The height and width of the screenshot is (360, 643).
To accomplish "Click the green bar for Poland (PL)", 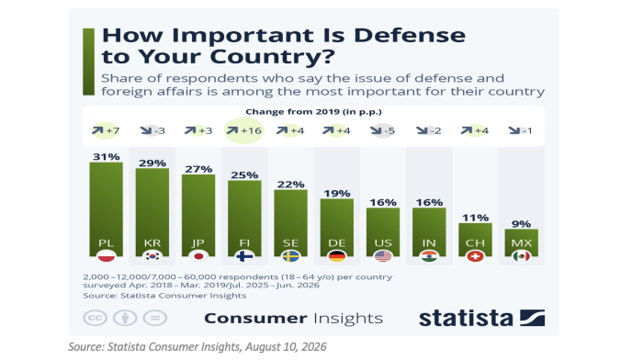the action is tap(107, 209).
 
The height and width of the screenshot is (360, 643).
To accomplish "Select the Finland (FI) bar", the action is tap(244, 219).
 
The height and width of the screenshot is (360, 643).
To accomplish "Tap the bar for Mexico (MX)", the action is tap(521, 242).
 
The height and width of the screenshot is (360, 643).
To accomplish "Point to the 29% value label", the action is tap(152, 163).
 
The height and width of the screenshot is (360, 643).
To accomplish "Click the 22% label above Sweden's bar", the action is tap(290, 184).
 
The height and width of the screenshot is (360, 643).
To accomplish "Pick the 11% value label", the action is tap(475, 218).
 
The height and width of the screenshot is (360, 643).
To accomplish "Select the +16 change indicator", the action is tap(244, 130).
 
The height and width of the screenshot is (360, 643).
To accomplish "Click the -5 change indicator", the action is tap(382, 130).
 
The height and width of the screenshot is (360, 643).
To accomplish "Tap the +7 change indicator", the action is tap(106, 130).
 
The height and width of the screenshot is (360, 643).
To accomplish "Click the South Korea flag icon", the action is tap(152, 256).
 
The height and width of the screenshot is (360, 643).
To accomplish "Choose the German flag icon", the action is tap(337, 256).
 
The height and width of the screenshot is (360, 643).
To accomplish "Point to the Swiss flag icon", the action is tap(475, 256).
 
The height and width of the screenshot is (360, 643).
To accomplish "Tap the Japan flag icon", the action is tap(198, 256).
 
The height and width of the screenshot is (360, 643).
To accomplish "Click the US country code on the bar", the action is tap(383, 243).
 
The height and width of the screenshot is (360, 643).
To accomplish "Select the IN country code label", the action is tap(429, 243).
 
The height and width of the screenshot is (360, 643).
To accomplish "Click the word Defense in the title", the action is tap(410, 35).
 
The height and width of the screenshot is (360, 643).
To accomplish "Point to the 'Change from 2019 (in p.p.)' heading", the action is tap(313, 111).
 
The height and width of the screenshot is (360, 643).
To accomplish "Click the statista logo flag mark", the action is tap(532, 318).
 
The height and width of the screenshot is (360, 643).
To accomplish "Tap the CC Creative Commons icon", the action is tap(96, 318).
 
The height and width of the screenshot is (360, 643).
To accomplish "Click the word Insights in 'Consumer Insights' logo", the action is tap(348, 319).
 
